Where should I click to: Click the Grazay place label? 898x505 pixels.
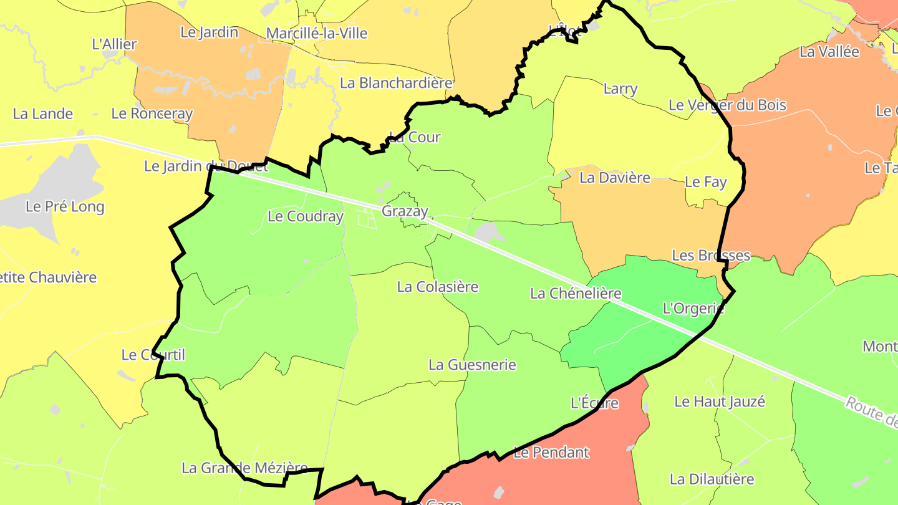[405, 211]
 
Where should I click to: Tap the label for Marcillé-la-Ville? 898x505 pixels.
[317, 33]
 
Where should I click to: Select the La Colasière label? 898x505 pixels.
[438, 287]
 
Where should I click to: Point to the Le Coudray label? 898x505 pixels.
[305, 216]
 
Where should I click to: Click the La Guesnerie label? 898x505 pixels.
[472, 365]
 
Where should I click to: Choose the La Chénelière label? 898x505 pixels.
[576, 293]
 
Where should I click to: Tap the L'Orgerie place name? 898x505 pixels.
[693, 308]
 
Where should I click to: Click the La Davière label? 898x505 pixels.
[614, 178]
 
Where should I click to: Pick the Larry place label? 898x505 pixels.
[620, 89]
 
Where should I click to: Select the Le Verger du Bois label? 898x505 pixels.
[727, 105]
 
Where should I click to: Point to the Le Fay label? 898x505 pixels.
[705, 182]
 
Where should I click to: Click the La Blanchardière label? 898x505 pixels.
[395, 83]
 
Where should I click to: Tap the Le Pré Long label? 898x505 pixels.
[65, 206]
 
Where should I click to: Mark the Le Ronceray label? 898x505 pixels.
[152, 113]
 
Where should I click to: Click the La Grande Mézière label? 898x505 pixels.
[244, 468]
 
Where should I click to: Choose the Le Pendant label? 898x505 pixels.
[551, 452]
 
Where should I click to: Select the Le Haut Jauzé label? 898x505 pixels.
[719, 402]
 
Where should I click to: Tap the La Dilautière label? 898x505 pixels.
[712, 479]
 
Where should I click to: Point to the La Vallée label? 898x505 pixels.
[829, 52]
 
